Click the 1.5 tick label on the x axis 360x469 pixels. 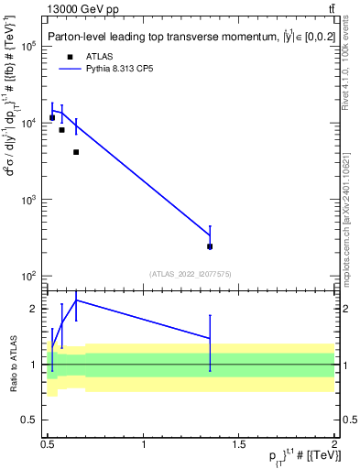(x=240, y=445)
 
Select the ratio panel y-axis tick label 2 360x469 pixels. (x=36, y=310)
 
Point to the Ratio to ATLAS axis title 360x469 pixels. (x=15, y=365)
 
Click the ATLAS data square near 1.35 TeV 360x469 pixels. (x=210, y=246)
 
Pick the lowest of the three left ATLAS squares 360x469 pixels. (x=76, y=152)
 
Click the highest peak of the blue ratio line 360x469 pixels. (x=76, y=300)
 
